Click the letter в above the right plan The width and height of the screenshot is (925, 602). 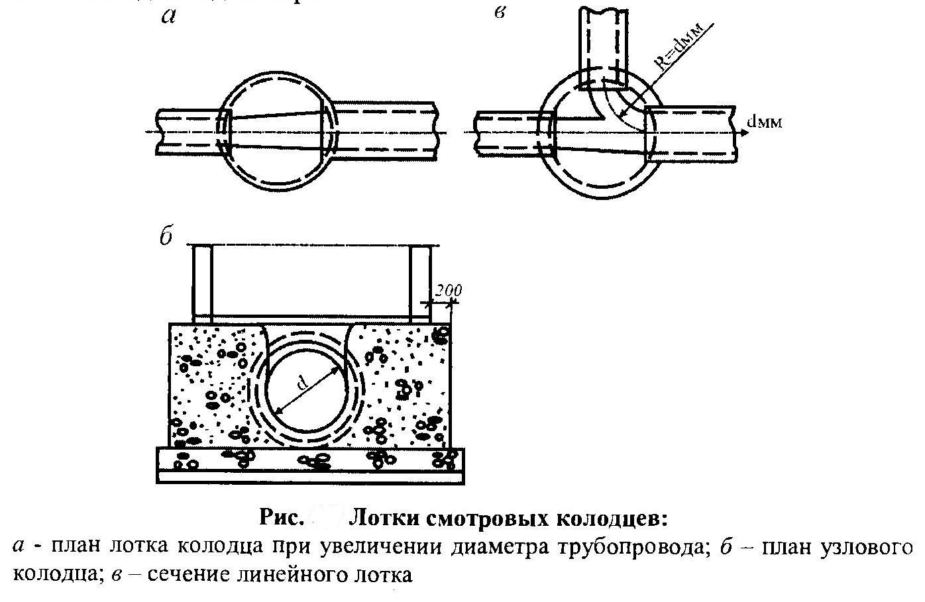(501, 13)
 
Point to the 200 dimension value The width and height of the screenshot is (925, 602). (449, 291)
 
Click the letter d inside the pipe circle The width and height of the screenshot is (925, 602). (302, 383)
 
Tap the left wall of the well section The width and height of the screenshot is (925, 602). (201, 281)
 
